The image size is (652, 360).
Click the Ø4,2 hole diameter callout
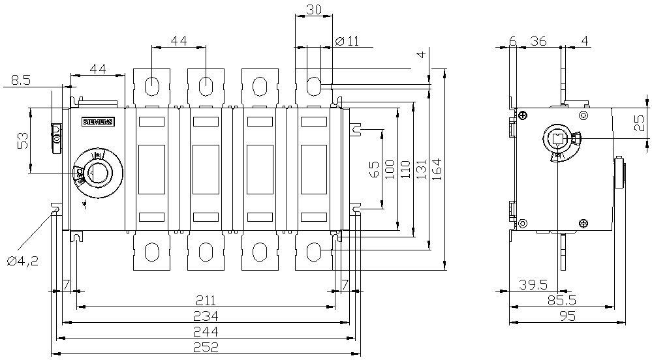point(23,261)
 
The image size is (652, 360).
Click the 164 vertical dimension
point(437,168)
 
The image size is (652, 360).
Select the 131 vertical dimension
point(422,168)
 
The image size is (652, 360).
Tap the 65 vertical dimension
point(375,168)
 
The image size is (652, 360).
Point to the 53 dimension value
point(22,140)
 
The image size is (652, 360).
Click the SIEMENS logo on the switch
point(97,122)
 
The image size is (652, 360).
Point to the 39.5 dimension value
point(533,285)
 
